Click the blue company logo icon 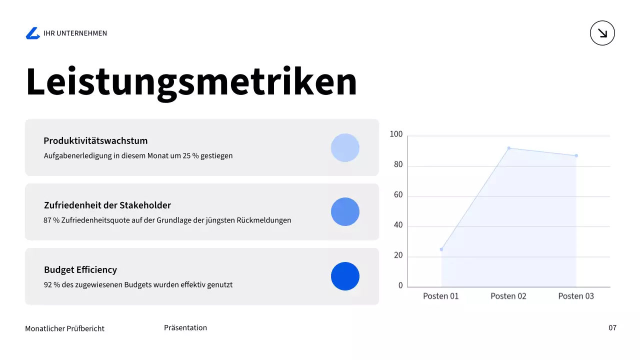coord(32,33)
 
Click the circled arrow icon coord(602,33)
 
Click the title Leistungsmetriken coord(191,81)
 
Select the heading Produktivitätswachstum coord(95,140)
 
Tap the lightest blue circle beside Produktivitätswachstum coord(345,147)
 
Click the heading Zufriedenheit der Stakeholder coord(107,205)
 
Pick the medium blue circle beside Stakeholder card coord(345,211)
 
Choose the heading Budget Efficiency coord(80,269)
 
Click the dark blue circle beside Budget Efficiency coord(345,276)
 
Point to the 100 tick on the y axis coord(396,134)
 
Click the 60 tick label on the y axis coord(398,195)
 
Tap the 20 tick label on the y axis coord(398,255)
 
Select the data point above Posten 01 coord(441,249)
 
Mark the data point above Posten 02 coord(508,148)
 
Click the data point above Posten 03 coord(576,155)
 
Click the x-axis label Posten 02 coord(508,296)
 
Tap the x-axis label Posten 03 coord(576,296)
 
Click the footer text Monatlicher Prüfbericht coord(65,328)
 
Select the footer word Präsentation coord(185,328)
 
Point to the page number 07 coord(612,328)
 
